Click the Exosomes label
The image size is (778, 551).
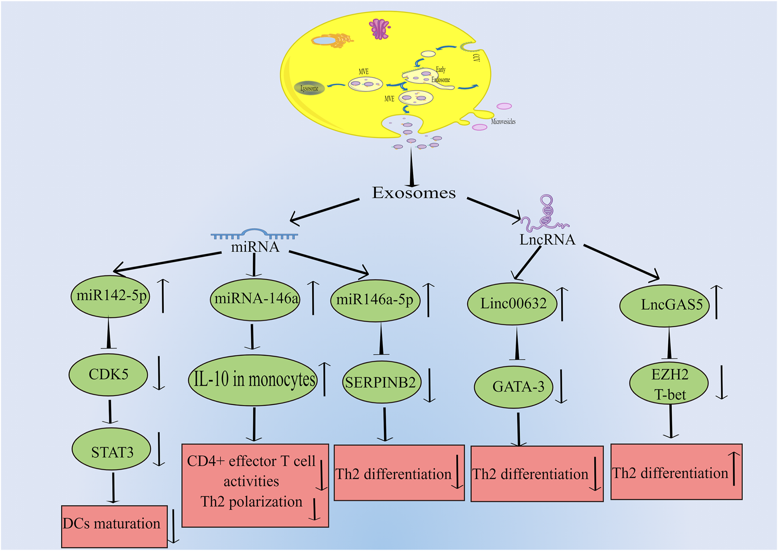414,193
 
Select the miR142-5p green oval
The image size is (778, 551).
110,296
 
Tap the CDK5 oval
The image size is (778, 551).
108,375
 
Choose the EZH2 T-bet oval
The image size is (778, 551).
669,384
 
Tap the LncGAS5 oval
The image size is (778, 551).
665,305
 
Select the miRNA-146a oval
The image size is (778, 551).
255,299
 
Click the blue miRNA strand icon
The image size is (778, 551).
255,234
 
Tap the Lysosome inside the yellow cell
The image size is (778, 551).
310,88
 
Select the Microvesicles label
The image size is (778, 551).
503,122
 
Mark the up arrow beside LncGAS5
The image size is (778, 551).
717,302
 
